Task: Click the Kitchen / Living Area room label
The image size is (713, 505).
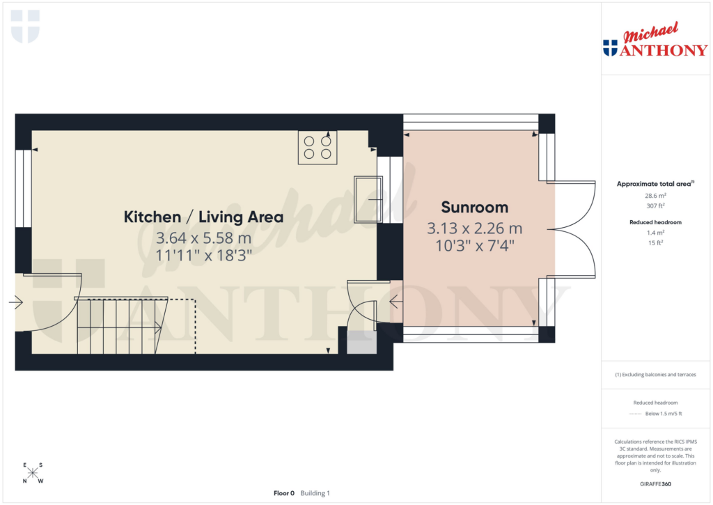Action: [203, 217]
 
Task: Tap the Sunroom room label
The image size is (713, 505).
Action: [474, 207]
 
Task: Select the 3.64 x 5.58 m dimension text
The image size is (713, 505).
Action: [203, 238]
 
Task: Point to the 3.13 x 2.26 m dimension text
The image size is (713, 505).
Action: [474, 228]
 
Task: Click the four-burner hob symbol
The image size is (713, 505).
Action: [318, 148]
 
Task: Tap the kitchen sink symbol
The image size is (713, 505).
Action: [368, 199]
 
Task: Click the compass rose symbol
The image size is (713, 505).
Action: [32, 474]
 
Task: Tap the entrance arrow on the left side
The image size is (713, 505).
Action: [16, 303]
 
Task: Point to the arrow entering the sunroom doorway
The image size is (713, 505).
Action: [395, 302]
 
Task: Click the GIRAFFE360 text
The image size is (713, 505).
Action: [655, 484]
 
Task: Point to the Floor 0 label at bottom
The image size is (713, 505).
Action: [284, 493]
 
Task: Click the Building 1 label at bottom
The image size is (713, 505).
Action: [315, 493]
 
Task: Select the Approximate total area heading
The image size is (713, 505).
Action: [653, 184]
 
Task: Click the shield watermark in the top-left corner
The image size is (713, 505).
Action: [25, 26]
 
